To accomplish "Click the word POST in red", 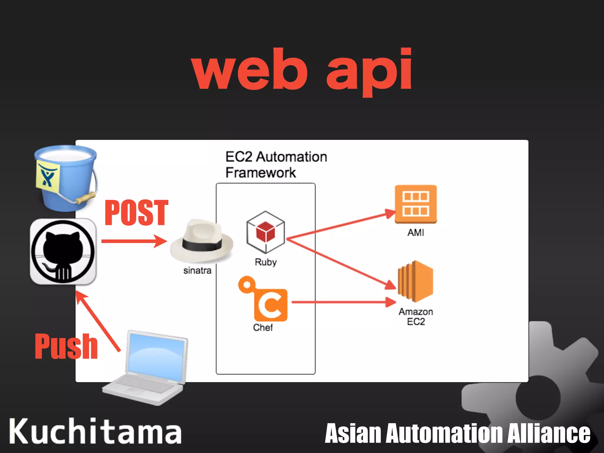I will (136, 213).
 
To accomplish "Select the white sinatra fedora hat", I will (201, 241).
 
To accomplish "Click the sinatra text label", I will (197, 270).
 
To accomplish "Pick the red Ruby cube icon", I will (265, 232).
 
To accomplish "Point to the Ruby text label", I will (266, 262).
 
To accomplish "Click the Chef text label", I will (263, 327).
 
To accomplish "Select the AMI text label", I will (416, 233).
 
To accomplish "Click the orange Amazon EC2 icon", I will (415, 282).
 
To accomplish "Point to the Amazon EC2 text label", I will (416, 316).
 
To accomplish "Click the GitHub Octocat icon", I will (63, 251).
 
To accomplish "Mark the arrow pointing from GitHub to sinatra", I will (133, 241).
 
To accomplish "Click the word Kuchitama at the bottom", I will (95, 431).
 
